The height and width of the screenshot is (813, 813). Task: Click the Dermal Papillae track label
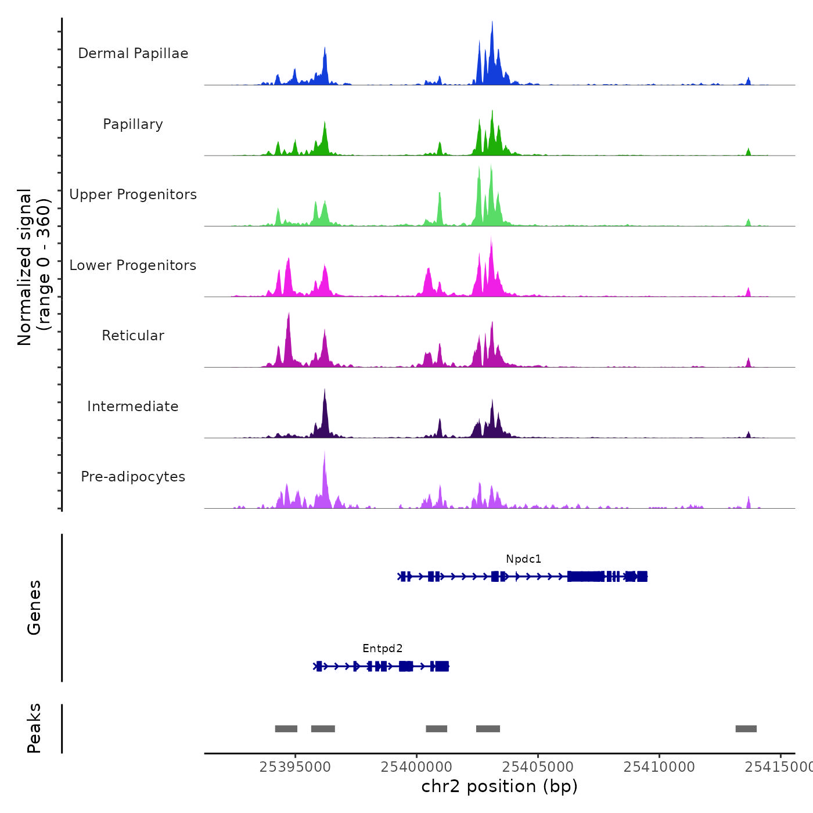(x=133, y=53)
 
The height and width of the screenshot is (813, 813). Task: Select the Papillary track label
(x=133, y=124)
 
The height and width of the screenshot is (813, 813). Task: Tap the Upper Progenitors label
(x=133, y=195)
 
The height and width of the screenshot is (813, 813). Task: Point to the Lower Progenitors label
(x=133, y=265)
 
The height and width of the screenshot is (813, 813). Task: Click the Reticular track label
(x=133, y=336)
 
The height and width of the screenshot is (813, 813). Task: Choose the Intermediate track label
(x=133, y=406)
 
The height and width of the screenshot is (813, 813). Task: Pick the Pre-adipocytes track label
(x=133, y=477)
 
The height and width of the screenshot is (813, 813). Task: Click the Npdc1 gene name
(x=523, y=559)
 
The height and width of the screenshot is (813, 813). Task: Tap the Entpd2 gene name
(x=382, y=649)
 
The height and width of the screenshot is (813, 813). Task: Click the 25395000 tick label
(x=295, y=767)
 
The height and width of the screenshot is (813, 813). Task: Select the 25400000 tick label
(x=416, y=767)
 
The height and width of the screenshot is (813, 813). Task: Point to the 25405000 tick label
(x=538, y=767)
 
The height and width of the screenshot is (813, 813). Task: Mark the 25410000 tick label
(x=659, y=767)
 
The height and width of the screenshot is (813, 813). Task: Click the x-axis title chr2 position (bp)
(x=499, y=787)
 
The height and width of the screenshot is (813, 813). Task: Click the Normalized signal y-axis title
(x=34, y=267)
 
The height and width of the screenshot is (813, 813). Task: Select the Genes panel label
(x=34, y=607)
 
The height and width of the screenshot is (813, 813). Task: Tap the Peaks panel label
(x=34, y=728)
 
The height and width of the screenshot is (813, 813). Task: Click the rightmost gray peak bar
(x=746, y=729)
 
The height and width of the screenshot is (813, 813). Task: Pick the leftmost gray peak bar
(x=286, y=729)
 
